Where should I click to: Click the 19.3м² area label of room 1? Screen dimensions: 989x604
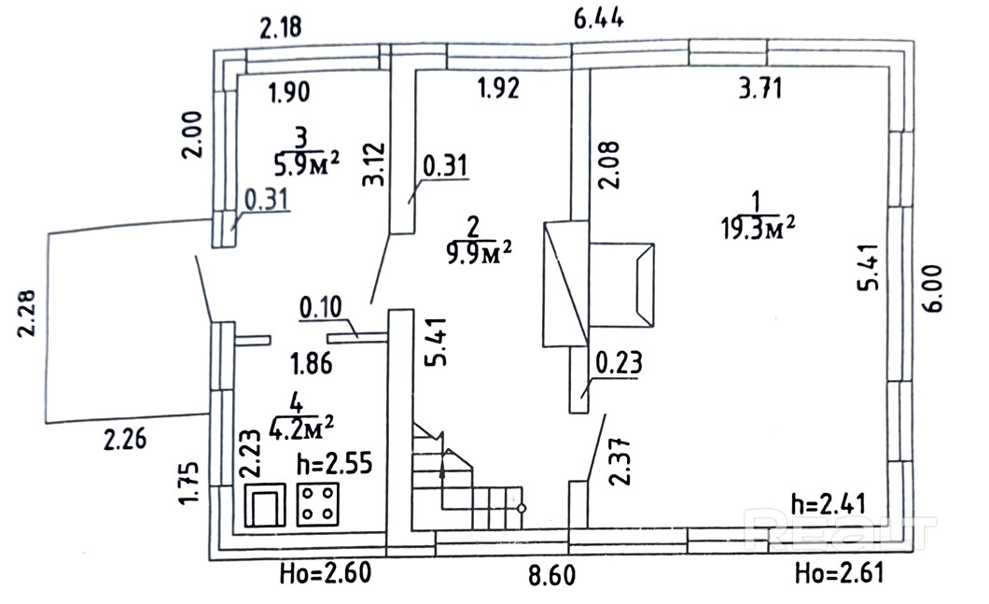(758, 227)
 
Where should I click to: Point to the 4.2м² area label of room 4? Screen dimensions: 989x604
(300, 428)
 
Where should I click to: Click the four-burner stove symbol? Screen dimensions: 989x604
(317, 504)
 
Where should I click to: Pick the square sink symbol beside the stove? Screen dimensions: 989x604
(265, 504)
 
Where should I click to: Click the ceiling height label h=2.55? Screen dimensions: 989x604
(334, 464)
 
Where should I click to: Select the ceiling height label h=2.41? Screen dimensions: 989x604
(829, 504)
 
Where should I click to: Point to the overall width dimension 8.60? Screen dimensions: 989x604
(552, 576)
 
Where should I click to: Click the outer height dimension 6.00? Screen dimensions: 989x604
(934, 288)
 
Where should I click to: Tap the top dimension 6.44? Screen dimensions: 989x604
(599, 19)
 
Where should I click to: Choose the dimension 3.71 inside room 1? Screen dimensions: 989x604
(760, 88)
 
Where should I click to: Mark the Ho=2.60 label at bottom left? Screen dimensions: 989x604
(326, 574)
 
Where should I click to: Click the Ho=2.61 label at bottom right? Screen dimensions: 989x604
(840, 573)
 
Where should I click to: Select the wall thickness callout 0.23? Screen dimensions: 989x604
(619, 362)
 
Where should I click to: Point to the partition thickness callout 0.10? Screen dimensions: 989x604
(320, 307)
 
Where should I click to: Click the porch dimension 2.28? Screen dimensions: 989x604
(26, 313)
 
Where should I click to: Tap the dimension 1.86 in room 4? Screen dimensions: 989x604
(311, 363)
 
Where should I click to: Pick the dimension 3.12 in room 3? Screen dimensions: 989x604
(373, 163)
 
